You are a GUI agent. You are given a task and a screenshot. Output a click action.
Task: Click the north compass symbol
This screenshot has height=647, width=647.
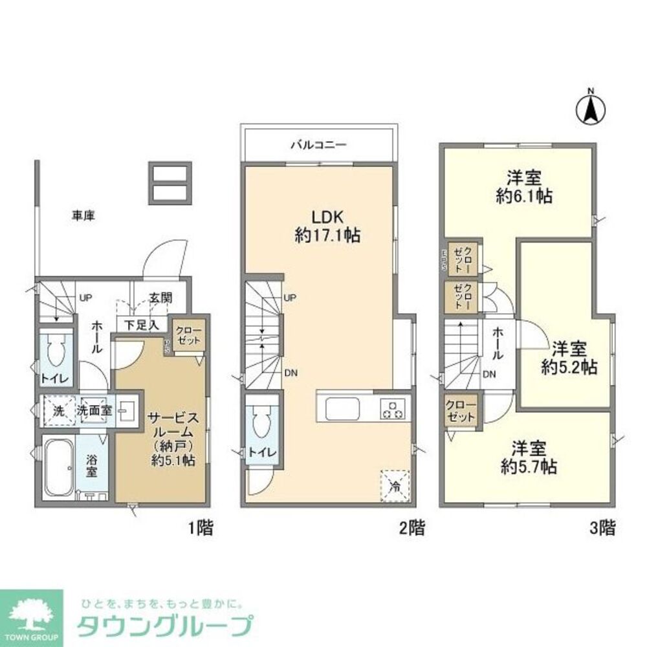tap(590, 108)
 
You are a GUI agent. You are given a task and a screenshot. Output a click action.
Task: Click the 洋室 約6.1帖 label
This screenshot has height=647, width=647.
tap(524, 187)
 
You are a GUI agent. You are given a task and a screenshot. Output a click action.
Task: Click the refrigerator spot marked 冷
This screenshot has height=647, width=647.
tap(395, 486)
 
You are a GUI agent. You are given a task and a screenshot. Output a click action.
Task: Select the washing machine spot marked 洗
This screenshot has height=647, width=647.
tap(58, 410)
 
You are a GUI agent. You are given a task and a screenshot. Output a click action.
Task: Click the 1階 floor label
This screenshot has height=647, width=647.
tap(201, 528)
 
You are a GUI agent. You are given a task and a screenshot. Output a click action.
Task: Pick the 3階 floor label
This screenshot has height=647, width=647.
tap(602, 528)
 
